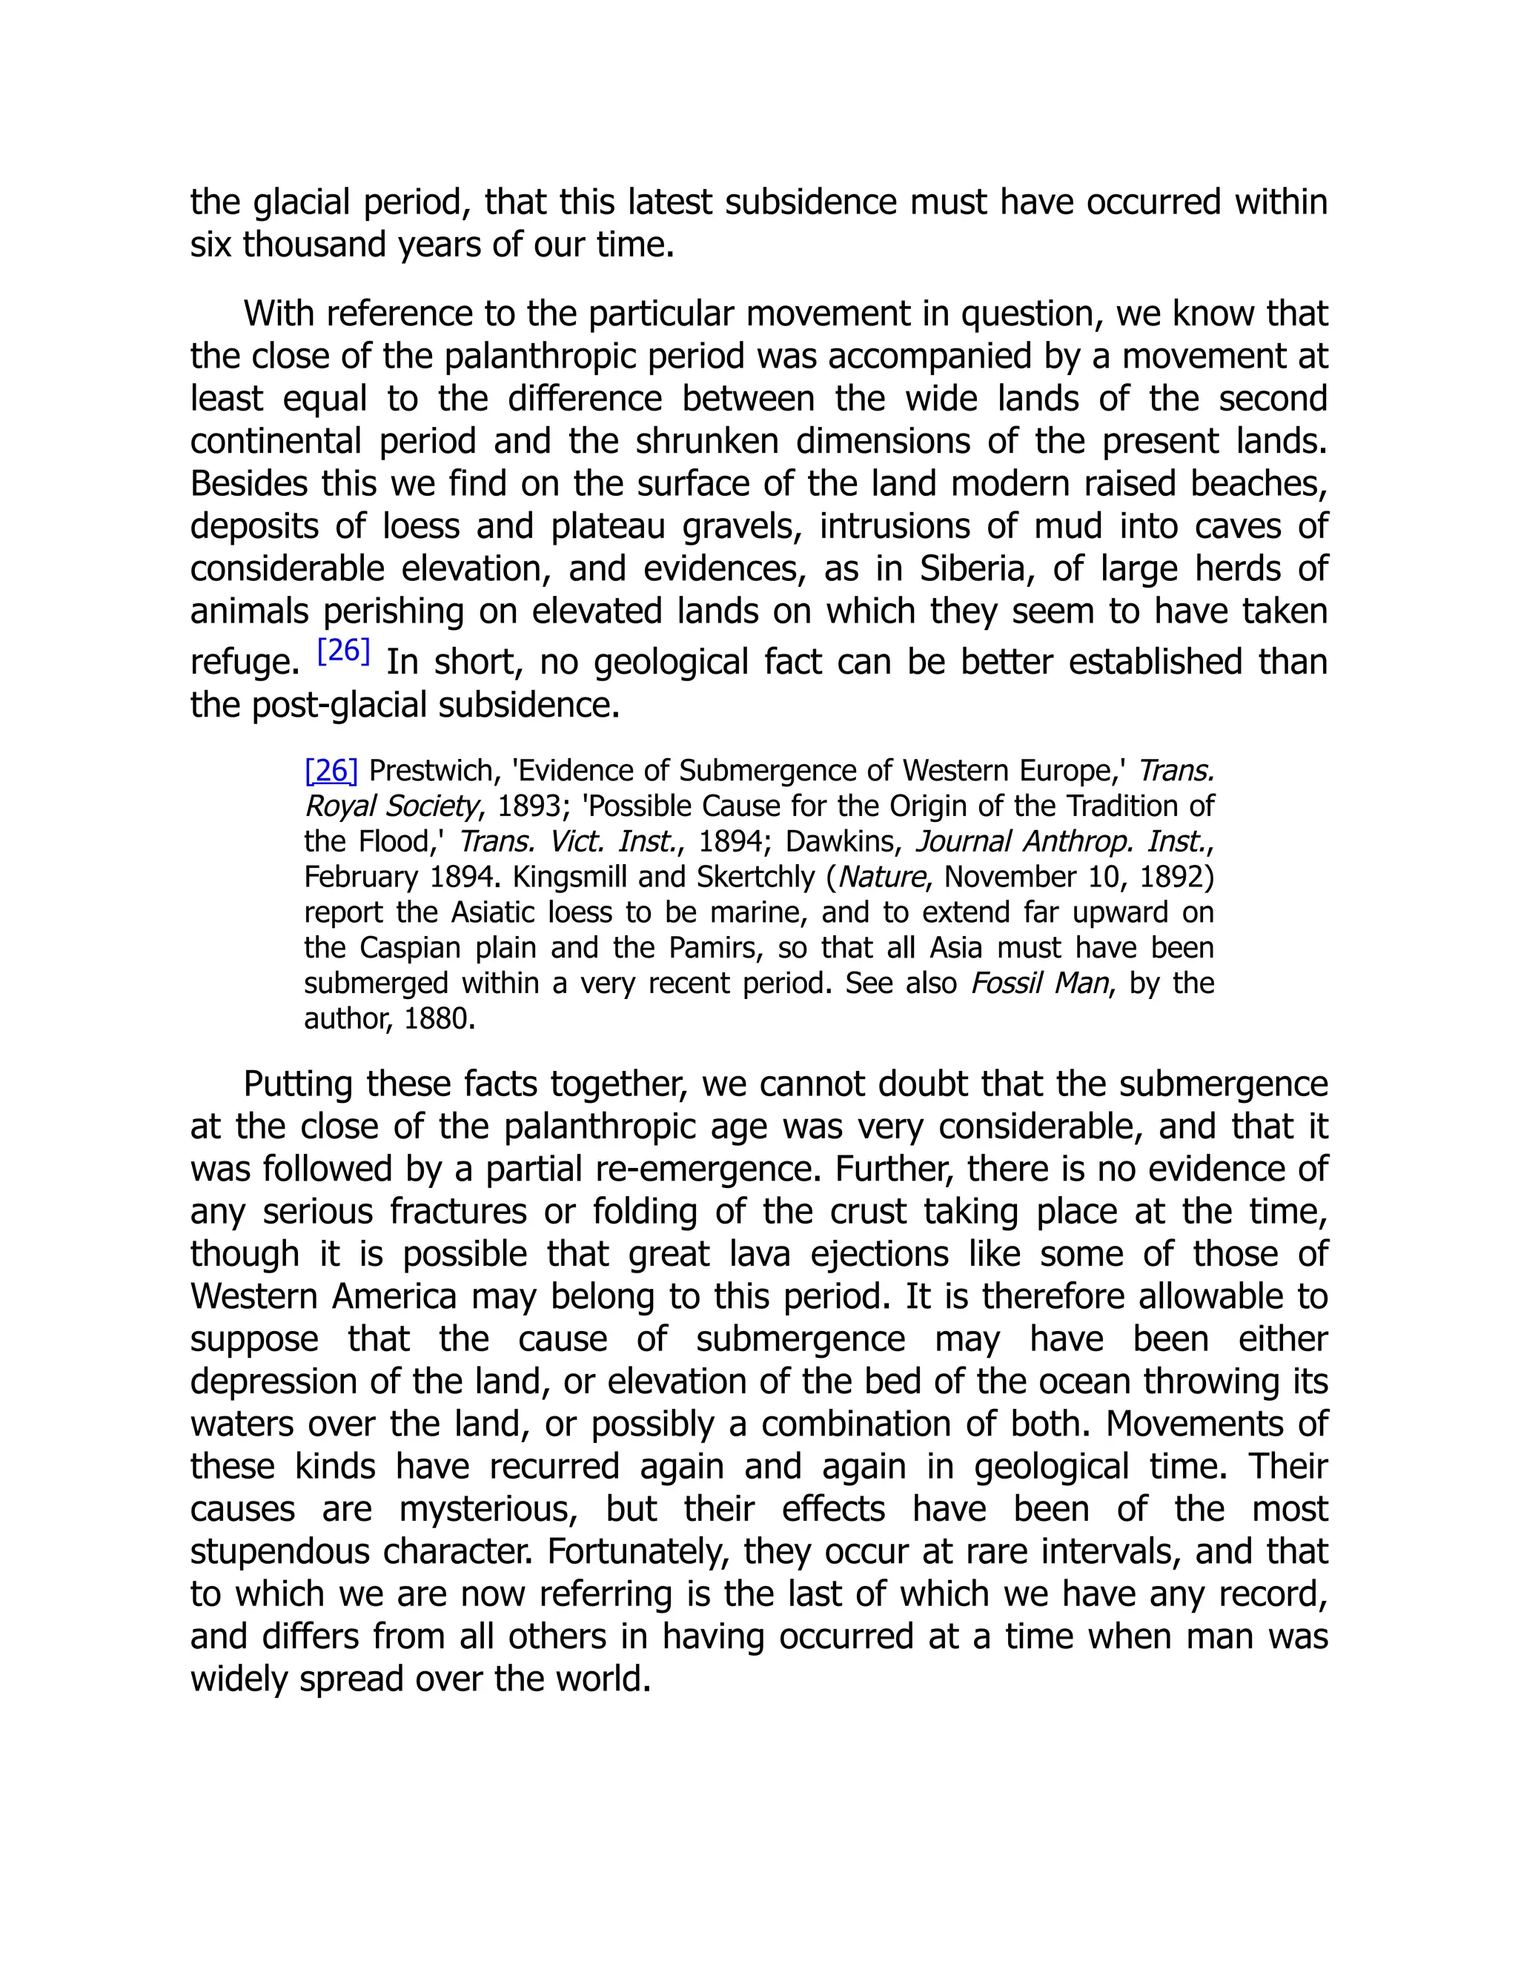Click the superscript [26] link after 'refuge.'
tap(343, 650)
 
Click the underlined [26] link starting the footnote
tap(331, 771)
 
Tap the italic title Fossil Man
tap(1040, 983)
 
